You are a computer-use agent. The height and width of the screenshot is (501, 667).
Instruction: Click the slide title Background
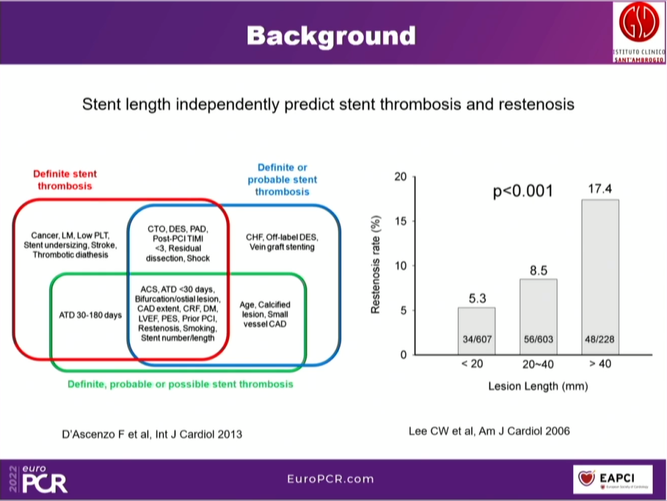(331, 36)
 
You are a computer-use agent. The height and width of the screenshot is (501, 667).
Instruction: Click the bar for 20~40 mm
(538, 317)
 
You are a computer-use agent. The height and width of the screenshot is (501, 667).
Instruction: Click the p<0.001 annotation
(522, 191)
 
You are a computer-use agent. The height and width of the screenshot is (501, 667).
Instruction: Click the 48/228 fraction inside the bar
(598, 340)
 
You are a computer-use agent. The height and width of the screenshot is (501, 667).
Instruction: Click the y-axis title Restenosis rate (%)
(375, 265)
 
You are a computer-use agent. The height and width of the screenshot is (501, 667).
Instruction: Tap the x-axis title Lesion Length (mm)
(538, 387)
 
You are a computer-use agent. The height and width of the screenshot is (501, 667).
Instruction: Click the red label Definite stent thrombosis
(65, 180)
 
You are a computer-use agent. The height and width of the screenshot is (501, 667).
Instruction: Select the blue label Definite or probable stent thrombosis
(282, 180)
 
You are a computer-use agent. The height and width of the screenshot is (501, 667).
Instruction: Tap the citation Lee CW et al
(489, 431)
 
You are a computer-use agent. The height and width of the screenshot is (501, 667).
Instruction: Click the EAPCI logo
(612, 478)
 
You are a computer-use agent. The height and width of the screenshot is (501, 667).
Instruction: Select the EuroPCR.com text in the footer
(331, 479)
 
